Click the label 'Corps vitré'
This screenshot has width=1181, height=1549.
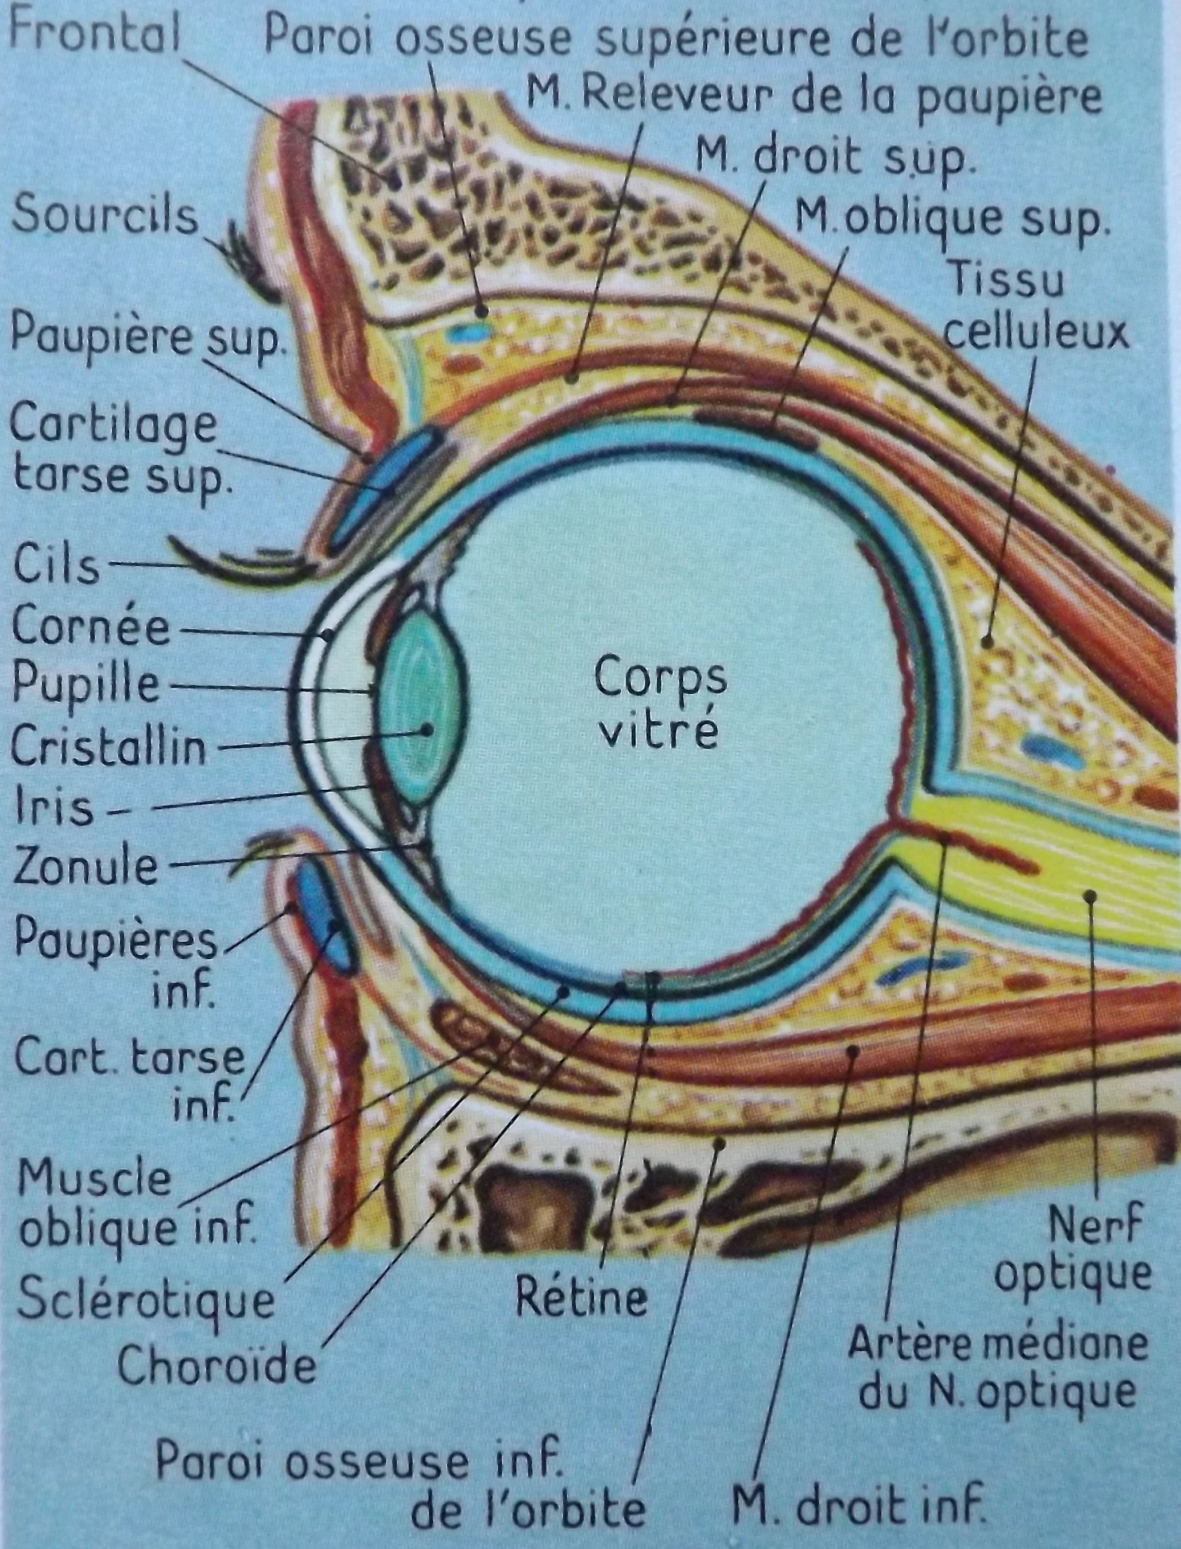659,705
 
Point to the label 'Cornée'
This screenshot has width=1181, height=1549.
91,626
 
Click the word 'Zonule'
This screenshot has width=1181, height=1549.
86,865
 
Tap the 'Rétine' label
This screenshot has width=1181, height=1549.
580,1296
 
